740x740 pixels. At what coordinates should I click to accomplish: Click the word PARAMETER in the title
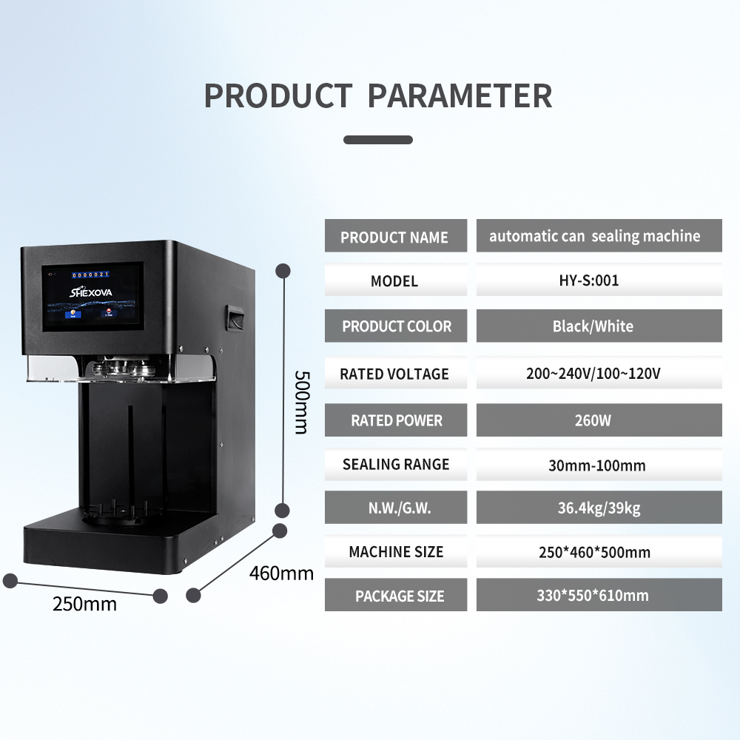point(460,97)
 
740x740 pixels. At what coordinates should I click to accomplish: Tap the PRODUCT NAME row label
point(395,238)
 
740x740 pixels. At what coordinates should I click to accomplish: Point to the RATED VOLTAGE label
point(394,374)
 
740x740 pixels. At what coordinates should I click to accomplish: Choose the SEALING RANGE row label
point(396,465)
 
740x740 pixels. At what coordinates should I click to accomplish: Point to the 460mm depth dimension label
point(281,573)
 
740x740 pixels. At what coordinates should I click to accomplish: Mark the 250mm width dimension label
point(84,604)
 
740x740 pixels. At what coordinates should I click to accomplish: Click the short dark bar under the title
point(378,139)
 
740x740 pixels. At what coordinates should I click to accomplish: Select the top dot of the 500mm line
point(282,271)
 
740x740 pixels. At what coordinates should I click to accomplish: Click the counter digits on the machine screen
point(90,275)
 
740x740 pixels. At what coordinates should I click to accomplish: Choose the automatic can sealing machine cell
point(595,236)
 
